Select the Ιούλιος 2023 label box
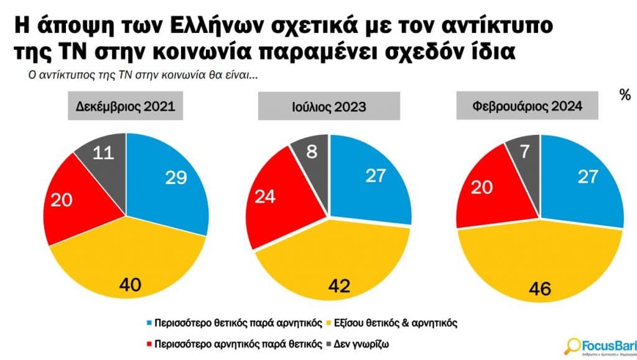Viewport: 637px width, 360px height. point(329,108)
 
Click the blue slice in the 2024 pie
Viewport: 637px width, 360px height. point(582,180)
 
